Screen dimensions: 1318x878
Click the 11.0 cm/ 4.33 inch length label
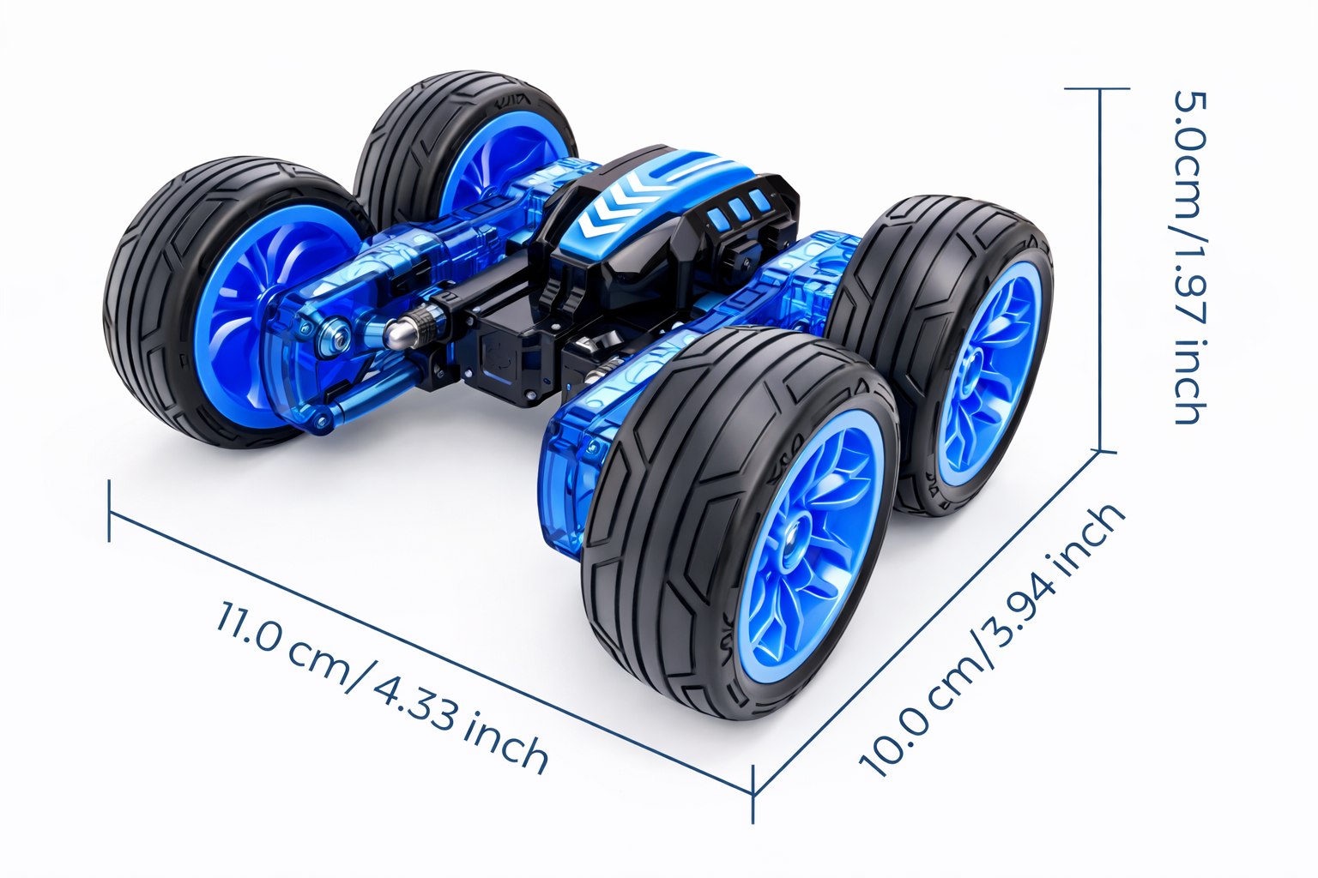pos(383,687)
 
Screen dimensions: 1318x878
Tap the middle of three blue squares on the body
pos(737,208)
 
